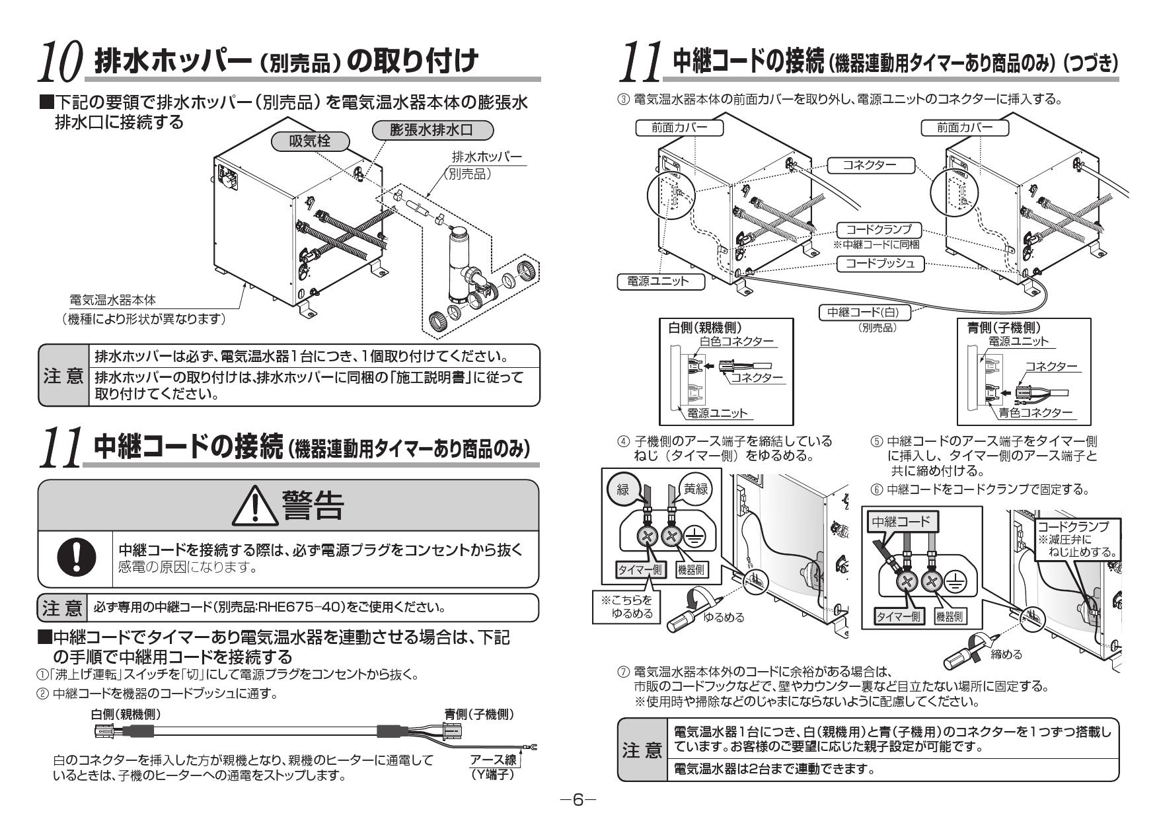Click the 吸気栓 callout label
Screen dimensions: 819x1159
click(310, 141)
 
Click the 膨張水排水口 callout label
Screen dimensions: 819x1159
click(432, 130)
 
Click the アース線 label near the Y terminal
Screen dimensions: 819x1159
click(493, 760)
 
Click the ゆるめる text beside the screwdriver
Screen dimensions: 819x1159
click(723, 617)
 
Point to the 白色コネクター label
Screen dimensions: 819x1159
click(736, 341)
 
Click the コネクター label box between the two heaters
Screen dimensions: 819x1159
click(870, 165)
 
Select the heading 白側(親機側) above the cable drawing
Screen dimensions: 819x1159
click(126, 714)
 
